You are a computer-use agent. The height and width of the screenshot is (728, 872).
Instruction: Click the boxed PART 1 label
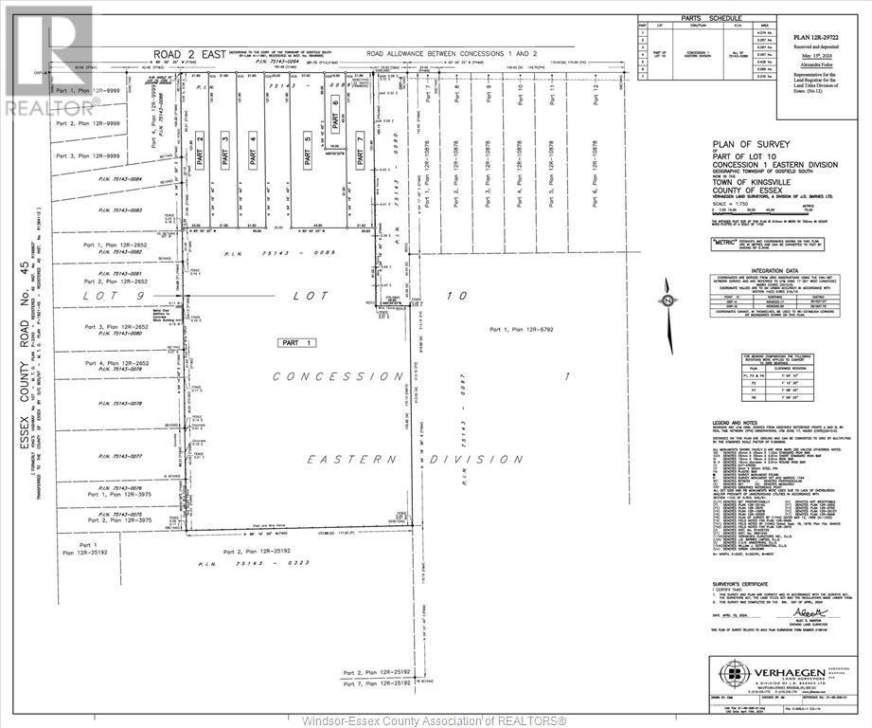pyautogui.click(x=295, y=341)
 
